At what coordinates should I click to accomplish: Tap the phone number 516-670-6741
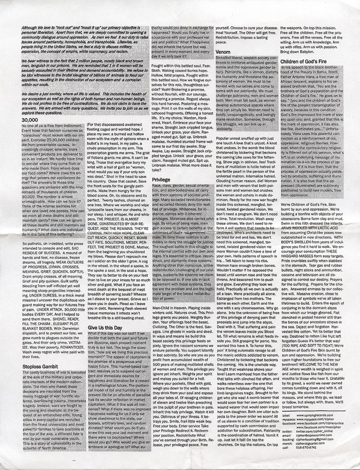coord(306,448)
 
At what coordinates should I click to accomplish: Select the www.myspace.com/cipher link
coord(317,420)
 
